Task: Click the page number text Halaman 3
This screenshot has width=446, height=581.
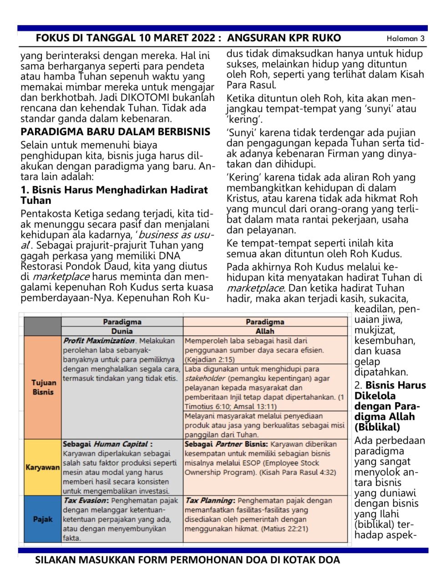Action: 405,39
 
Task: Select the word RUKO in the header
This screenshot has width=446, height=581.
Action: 327,38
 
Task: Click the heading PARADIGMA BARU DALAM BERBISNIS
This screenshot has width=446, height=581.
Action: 115,132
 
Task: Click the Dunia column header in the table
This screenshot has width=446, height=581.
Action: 122,331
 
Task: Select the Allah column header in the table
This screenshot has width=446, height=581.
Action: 265,331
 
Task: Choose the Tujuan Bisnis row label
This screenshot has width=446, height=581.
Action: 43,387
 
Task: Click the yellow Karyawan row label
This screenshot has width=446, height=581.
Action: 42,467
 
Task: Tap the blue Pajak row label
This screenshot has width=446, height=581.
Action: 42,519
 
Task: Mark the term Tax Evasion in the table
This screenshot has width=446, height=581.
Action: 85,500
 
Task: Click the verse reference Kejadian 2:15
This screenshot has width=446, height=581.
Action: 207,360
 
